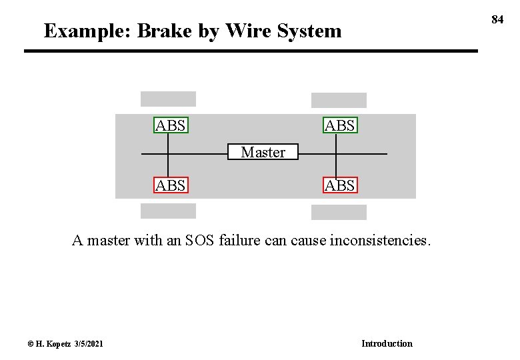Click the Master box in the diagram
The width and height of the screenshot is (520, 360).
tap(263, 152)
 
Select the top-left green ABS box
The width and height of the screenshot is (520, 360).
tap(171, 125)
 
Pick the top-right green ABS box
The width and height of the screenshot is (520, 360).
tap(340, 125)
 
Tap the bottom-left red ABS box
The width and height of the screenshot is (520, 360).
tap(171, 185)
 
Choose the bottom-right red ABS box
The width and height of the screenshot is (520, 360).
tap(340, 185)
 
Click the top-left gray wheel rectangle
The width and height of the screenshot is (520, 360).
tap(168, 99)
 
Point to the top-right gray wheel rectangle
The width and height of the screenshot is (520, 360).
tap(339, 100)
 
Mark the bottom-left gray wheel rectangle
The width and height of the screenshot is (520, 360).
tap(168, 211)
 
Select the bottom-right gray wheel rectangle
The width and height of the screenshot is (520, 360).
tap(339, 212)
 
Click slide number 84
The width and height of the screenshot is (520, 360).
tap(497, 19)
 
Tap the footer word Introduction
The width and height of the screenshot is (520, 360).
tap(387, 343)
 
